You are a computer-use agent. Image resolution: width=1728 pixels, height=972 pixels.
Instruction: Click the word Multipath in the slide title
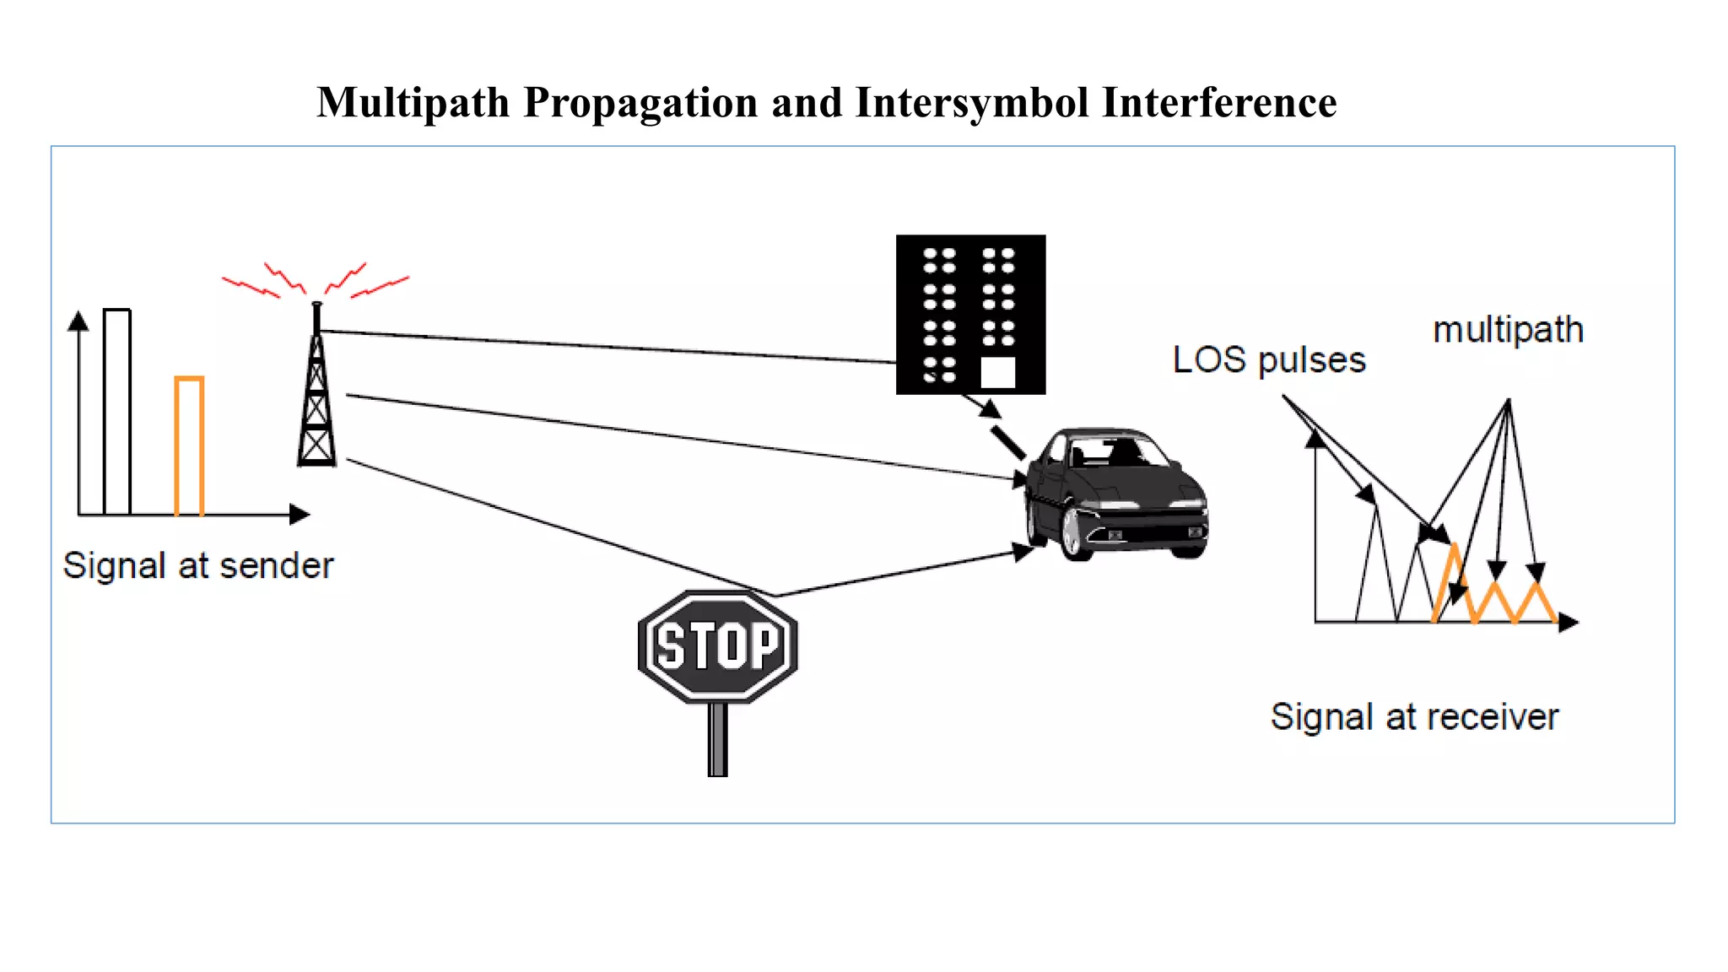click(x=413, y=103)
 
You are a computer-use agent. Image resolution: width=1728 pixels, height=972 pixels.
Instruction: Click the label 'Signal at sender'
click(x=198, y=565)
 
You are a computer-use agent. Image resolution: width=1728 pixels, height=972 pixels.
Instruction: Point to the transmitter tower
click(x=316, y=397)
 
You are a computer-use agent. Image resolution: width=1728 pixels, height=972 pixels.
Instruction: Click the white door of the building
click(x=998, y=372)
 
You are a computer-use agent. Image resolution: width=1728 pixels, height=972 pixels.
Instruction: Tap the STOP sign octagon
click(x=718, y=646)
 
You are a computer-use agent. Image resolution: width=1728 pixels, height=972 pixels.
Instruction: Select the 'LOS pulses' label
click(x=1268, y=360)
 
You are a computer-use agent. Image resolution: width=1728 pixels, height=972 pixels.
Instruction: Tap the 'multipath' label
click(x=1508, y=330)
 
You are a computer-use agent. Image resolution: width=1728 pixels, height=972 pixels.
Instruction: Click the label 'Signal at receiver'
click(x=1414, y=717)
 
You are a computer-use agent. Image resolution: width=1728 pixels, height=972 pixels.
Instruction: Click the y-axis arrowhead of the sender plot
click(x=78, y=321)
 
